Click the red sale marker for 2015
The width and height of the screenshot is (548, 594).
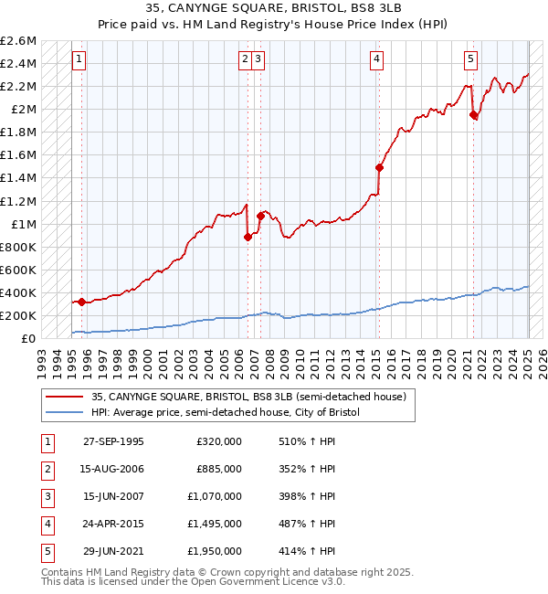click(x=379, y=167)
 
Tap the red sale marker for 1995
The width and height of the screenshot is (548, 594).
click(x=81, y=302)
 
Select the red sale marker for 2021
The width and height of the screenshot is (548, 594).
click(x=473, y=115)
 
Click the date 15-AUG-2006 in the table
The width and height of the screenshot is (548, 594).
click(x=113, y=469)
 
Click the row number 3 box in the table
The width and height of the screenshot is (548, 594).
click(x=46, y=496)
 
